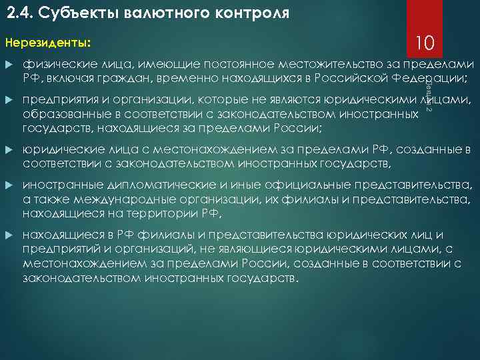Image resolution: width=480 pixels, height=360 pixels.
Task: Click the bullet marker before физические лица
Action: (x=9, y=65)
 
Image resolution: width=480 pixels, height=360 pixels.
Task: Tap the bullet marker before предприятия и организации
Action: (x=9, y=100)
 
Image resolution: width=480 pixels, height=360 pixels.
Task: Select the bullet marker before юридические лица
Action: (x=9, y=148)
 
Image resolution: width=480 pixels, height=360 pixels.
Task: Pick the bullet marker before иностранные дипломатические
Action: (x=9, y=185)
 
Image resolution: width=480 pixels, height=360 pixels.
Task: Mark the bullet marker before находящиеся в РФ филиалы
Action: (x=9, y=235)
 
